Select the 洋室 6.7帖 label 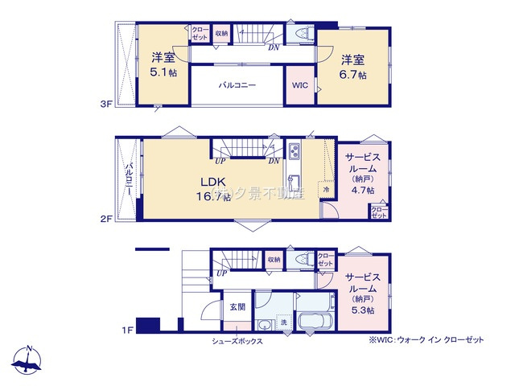352,66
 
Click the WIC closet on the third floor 299,84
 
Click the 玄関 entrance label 237,306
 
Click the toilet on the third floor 302,34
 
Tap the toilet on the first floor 302,259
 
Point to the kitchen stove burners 294,151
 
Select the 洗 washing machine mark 284,322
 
